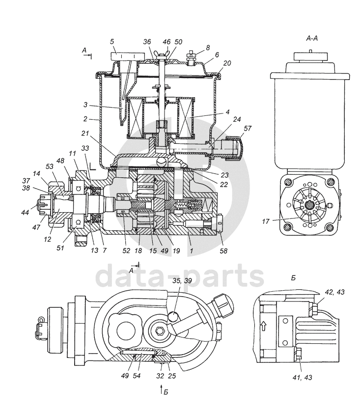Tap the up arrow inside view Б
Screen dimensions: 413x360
coord(264,325)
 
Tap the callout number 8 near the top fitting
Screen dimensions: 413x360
coord(208,48)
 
